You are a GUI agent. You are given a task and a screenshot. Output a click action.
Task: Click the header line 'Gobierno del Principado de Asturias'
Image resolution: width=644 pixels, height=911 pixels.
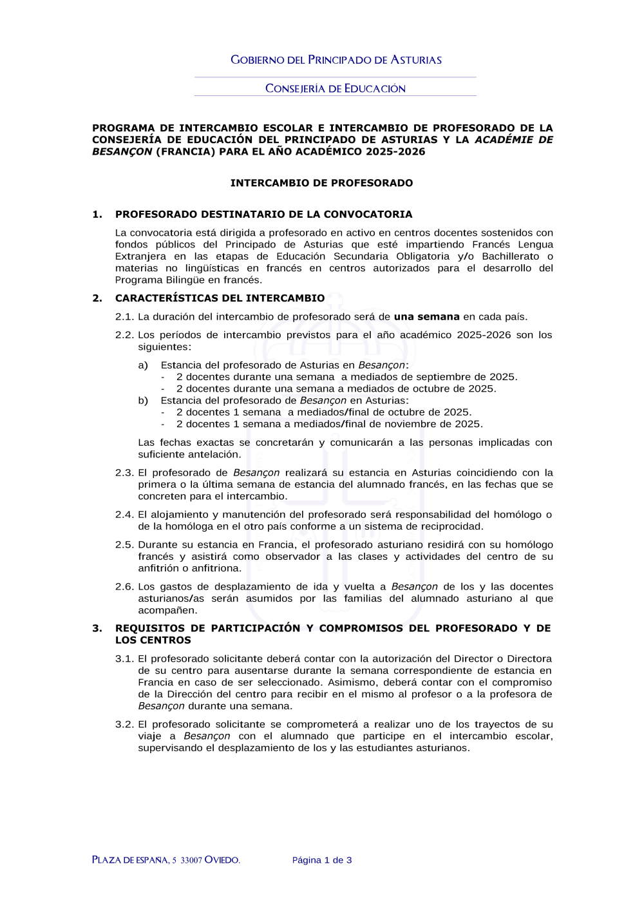point(336,60)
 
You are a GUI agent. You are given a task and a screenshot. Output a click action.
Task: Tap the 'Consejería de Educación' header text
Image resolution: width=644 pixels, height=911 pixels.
point(336,88)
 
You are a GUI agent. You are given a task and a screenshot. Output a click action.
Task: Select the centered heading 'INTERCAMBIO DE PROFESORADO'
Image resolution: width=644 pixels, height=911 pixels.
point(321,183)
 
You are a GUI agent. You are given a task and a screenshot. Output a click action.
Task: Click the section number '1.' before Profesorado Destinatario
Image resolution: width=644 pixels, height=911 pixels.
point(97,215)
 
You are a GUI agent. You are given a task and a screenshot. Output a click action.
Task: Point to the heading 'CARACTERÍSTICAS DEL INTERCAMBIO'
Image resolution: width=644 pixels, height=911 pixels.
point(220,298)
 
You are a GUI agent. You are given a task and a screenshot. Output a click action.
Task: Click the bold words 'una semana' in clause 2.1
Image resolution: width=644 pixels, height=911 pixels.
point(426,317)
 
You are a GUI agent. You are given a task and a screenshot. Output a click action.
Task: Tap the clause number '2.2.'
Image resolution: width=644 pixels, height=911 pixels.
point(124,335)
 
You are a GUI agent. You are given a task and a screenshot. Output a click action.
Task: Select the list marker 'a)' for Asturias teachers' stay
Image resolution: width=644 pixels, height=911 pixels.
point(143,365)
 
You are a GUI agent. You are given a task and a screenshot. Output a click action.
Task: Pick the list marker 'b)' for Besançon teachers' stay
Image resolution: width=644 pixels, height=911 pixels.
point(143,401)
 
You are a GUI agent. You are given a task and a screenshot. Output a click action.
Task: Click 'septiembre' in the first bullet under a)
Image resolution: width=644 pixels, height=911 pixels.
point(446,377)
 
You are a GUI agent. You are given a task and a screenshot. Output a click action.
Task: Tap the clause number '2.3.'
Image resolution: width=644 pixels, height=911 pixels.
point(124,473)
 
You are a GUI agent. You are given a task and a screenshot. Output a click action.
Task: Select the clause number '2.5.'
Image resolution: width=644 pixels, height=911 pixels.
point(124,545)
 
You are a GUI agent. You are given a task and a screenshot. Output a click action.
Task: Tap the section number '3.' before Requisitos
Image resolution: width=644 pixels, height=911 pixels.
point(97,628)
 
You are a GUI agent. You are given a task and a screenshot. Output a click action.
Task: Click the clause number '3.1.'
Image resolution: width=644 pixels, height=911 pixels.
point(124,659)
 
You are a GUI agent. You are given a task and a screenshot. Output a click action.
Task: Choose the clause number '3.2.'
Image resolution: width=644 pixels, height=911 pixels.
point(124,725)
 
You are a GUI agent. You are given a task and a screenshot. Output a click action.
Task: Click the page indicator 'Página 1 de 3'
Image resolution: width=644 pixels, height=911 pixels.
point(322,860)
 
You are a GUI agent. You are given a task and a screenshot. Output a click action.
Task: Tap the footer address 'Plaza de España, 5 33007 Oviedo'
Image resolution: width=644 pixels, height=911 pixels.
point(166,860)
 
